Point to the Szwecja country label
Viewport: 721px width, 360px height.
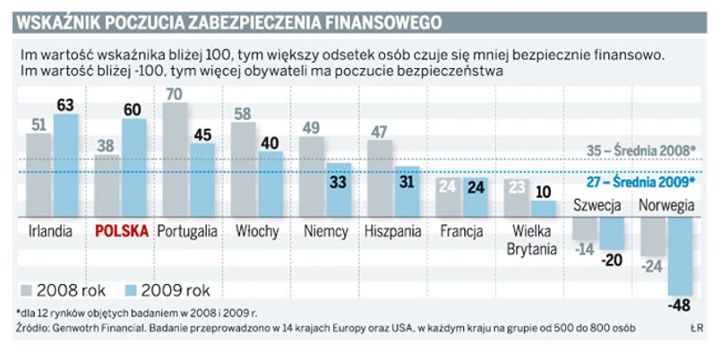[597, 205]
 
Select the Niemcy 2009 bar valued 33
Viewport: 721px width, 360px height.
[337, 189]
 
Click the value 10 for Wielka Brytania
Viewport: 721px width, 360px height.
[540, 191]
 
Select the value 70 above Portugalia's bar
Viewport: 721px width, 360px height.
[176, 93]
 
